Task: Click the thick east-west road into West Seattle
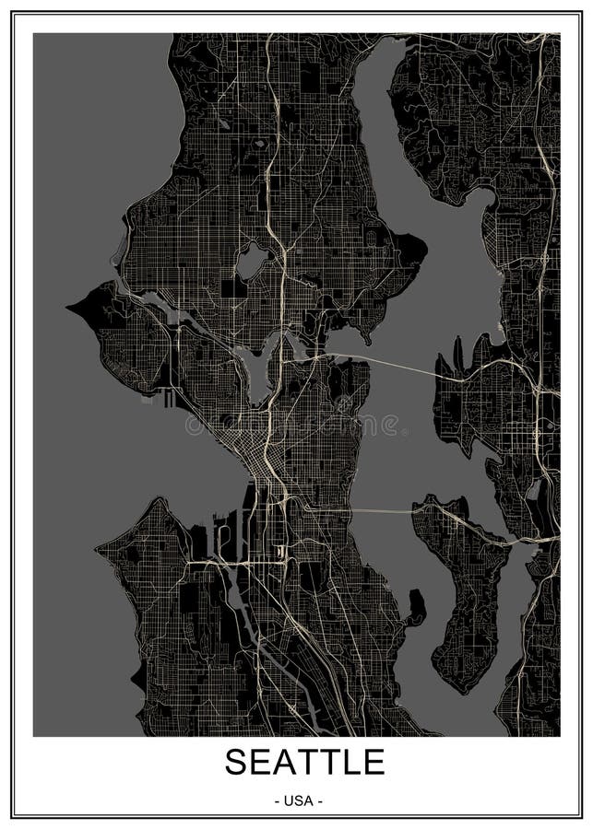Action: click(212, 561)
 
